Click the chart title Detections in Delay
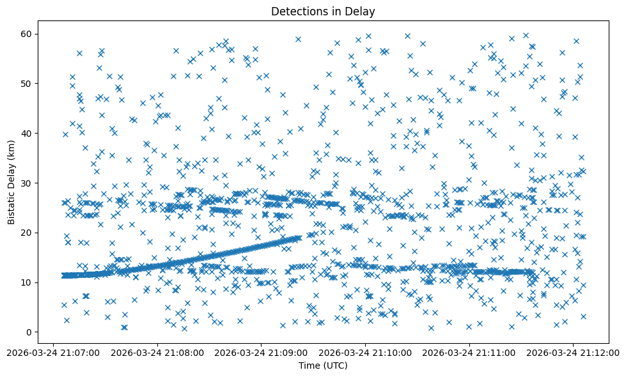point(323,11)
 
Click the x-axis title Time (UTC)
point(323,365)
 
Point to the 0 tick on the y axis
point(29,332)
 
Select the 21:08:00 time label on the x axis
point(157,352)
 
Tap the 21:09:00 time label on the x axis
point(262,352)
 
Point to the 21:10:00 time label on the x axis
point(366,352)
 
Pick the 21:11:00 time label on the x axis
point(470,352)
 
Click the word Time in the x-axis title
point(309,365)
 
